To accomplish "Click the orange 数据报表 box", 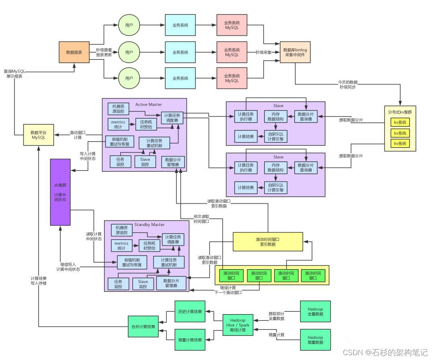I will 74,52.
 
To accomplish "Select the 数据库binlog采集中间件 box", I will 295,52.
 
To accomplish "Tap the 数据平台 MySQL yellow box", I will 39,135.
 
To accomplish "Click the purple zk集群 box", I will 60,192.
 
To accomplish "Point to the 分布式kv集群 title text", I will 400,112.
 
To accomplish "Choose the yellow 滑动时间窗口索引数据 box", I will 268,241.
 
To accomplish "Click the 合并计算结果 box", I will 143,326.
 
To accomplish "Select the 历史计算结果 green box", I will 190,312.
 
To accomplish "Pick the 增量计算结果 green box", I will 190,340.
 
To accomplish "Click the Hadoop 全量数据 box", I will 315,311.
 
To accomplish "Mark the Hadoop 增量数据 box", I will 315,340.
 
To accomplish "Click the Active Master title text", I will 149,105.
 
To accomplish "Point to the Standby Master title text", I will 149,224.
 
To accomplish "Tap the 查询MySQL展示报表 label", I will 14,74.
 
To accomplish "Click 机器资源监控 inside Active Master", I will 118,109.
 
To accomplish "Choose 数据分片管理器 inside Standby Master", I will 172,283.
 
